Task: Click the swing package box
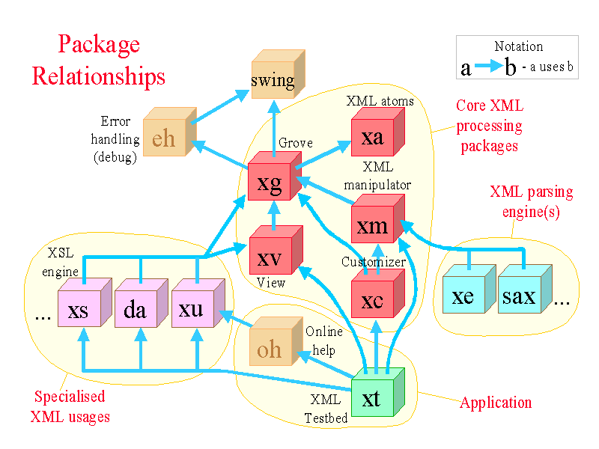point(274,79)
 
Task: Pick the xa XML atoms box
point(373,136)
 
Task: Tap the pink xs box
point(79,308)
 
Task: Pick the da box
point(136,308)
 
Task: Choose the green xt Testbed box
point(372,399)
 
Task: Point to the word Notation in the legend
point(518,46)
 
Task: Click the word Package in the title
point(99,44)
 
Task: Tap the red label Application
point(496,403)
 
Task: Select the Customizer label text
point(374,262)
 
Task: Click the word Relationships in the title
point(99,76)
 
